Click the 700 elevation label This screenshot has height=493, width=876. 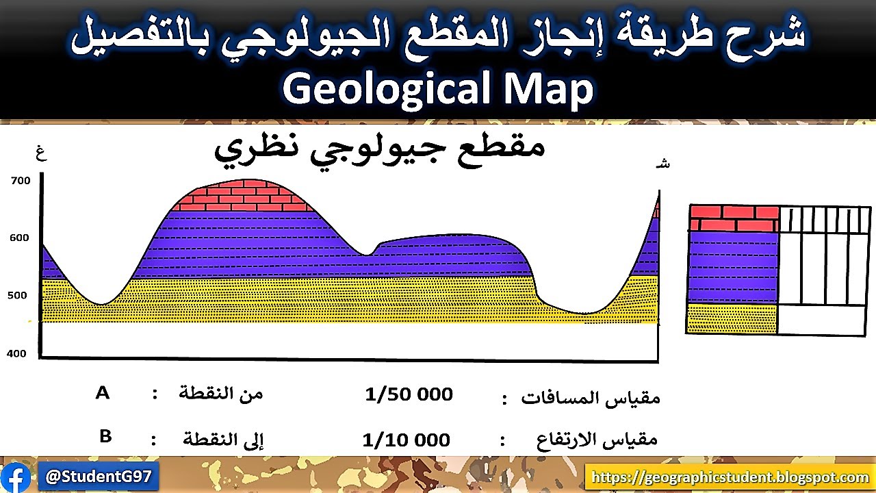(x=21, y=181)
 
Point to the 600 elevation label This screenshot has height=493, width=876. (x=21, y=238)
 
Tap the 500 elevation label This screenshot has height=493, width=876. (x=18, y=296)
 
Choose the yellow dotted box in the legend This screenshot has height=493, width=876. (x=732, y=319)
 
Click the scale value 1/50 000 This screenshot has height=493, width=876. (x=409, y=394)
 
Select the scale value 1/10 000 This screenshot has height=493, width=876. (x=407, y=440)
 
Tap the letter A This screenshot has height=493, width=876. (x=103, y=393)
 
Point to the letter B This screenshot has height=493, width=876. (x=105, y=436)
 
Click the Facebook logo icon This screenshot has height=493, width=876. (x=16, y=477)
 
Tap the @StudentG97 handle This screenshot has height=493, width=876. (x=100, y=476)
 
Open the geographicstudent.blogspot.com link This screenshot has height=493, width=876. (x=730, y=477)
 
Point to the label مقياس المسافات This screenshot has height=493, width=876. (x=591, y=398)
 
